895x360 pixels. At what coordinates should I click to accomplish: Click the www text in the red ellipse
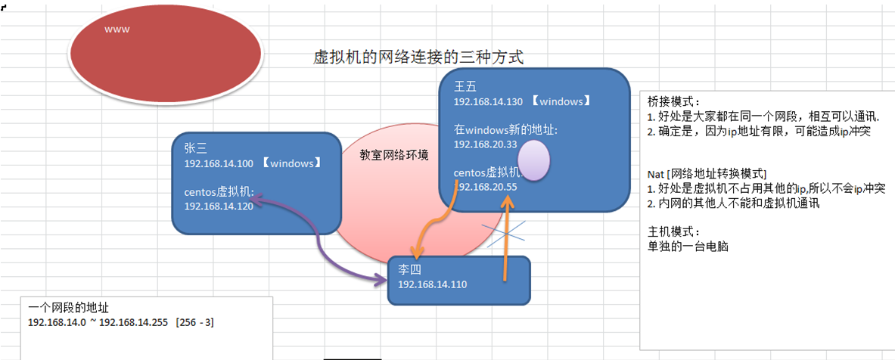click(117, 29)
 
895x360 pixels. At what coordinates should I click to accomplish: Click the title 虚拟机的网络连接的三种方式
click(418, 57)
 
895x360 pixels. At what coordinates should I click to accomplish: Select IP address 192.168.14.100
click(219, 163)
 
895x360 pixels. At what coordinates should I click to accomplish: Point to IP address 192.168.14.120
click(219, 205)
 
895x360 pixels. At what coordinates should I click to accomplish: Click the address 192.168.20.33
click(485, 144)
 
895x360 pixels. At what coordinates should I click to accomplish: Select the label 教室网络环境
click(394, 155)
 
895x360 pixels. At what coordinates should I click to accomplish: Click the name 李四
click(409, 270)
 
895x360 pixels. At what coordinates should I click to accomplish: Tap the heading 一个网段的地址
click(68, 308)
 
